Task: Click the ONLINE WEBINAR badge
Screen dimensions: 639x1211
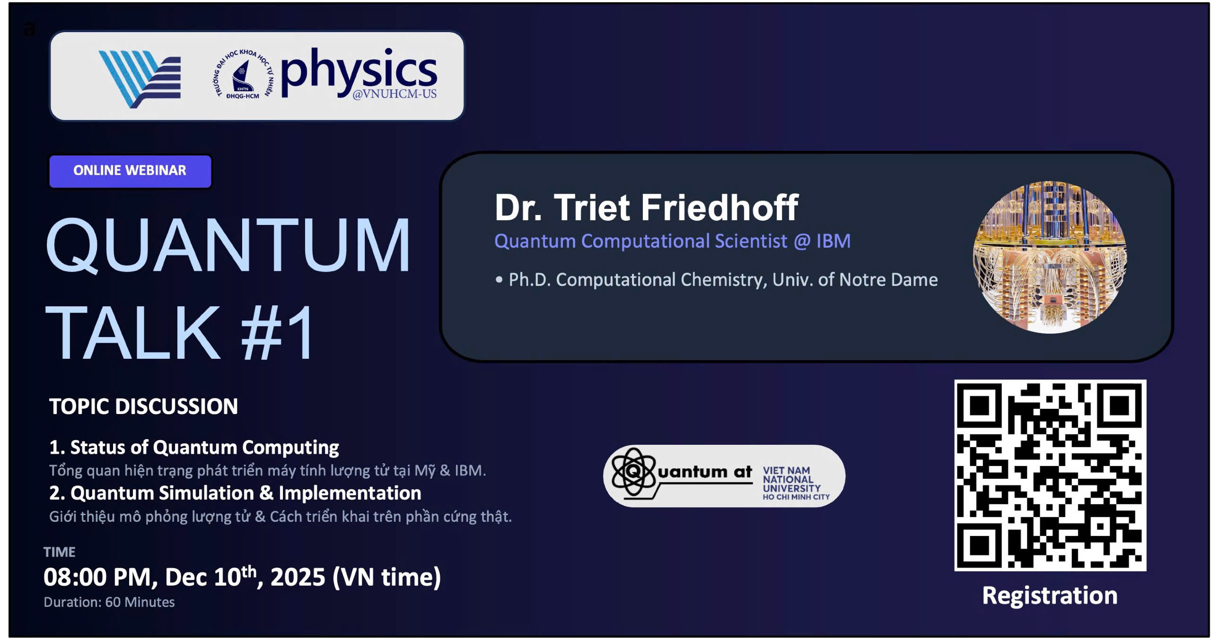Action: click(130, 171)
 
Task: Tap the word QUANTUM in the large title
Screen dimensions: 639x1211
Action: click(228, 245)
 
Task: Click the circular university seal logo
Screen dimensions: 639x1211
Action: click(243, 75)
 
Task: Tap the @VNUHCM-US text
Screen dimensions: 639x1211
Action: click(395, 94)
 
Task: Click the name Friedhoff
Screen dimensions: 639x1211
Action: click(719, 207)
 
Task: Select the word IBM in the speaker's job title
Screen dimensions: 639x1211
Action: click(833, 241)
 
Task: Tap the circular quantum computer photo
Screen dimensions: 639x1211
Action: click(1050, 257)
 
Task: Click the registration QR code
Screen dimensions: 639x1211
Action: click(1050, 475)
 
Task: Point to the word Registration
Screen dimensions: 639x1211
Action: click(1050, 595)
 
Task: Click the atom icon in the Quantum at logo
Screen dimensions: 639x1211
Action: click(633, 472)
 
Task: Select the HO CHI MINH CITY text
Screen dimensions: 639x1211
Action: click(796, 497)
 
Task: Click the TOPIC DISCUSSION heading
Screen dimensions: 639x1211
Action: click(143, 406)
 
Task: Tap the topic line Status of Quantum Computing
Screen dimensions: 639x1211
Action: click(204, 447)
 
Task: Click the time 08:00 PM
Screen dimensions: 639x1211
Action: click(97, 577)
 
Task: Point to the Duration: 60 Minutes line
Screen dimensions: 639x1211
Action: click(109, 602)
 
